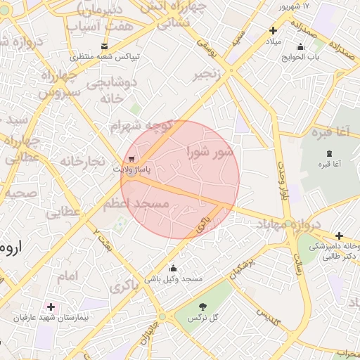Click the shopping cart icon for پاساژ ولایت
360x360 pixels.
pyautogui.click(x=133, y=158)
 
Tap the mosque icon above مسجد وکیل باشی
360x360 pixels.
pyautogui.click(x=174, y=268)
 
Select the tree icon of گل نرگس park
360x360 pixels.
pyautogui.click(x=203, y=307)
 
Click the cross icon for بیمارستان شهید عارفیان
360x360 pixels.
pyautogui.click(x=51, y=307)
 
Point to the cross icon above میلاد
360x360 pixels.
pyautogui.click(x=274, y=30)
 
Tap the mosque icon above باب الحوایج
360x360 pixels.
pyautogui.click(x=300, y=47)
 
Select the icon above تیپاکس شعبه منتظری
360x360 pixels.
pyautogui.click(x=105, y=46)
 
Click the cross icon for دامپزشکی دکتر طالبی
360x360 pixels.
pyautogui.click(x=340, y=236)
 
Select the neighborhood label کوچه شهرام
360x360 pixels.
pyautogui.click(x=141, y=126)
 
